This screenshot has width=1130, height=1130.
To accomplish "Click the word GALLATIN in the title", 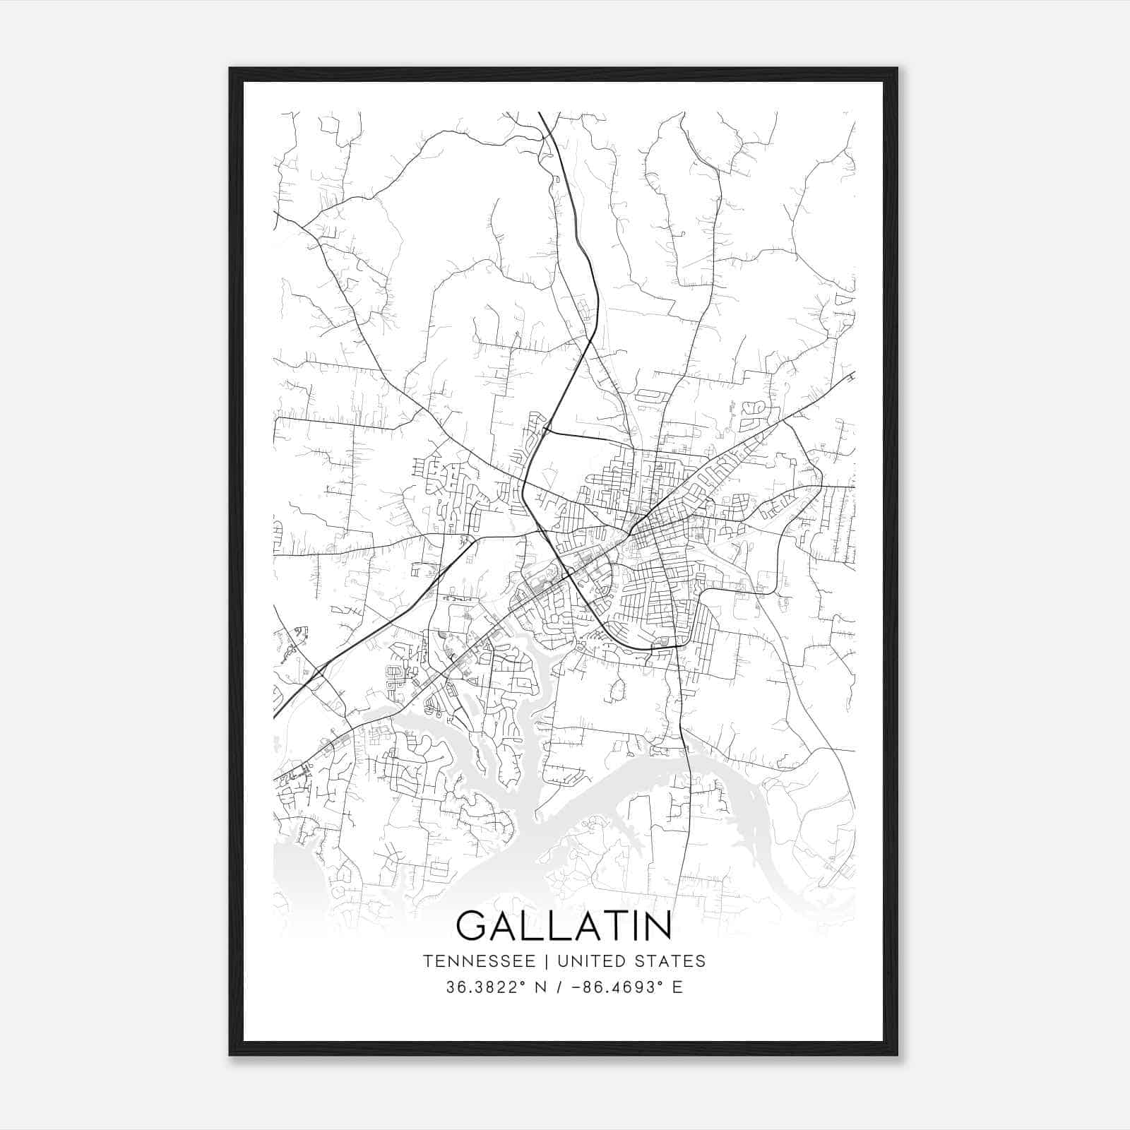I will coord(564,926).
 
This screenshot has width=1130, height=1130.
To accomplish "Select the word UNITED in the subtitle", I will coord(592,961).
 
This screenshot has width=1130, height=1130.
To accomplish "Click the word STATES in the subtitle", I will coord(671,961).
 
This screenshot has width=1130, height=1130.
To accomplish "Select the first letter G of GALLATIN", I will coord(472,926).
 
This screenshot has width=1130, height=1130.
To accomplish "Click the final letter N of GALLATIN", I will coord(657,926).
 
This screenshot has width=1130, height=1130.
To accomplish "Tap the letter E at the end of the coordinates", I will coord(678,987).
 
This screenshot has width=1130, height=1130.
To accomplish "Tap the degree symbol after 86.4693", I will coord(662,983).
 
